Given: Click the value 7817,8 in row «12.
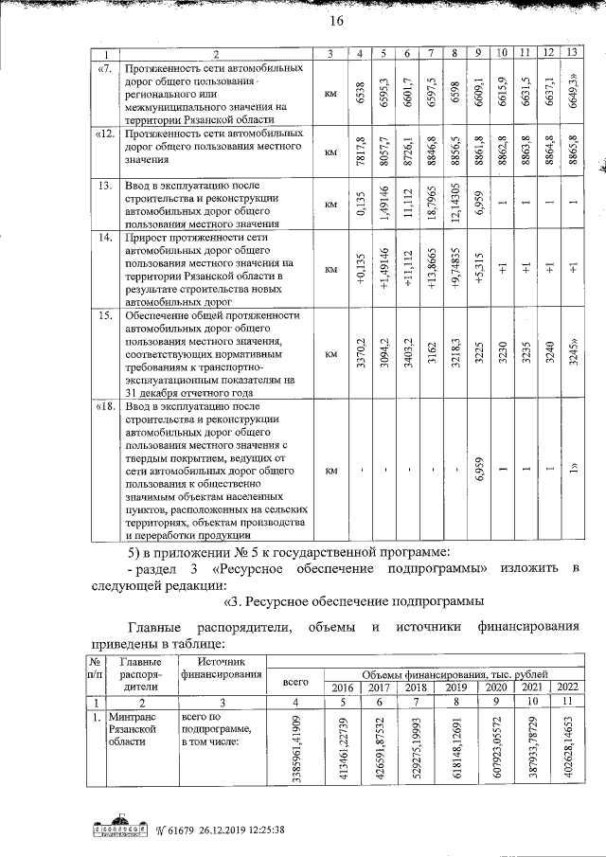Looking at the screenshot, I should (358, 151).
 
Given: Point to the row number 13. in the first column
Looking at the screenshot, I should (106, 185).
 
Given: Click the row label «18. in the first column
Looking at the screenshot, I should (106, 406).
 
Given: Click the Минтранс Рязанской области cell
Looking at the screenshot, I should (133, 731).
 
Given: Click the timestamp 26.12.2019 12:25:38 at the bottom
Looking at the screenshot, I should (223, 832).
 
